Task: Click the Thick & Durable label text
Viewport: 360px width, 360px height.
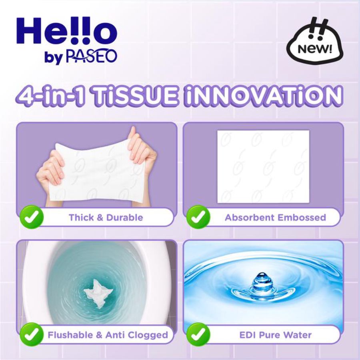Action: [x=106, y=218]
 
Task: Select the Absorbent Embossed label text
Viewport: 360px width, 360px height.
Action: [x=275, y=218]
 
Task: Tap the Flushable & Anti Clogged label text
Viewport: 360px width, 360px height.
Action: [x=108, y=335]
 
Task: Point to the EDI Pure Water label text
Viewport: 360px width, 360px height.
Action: [x=275, y=335]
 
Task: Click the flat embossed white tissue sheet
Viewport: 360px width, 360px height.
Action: [x=263, y=166]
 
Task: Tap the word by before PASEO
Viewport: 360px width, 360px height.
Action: [x=53, y=58]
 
